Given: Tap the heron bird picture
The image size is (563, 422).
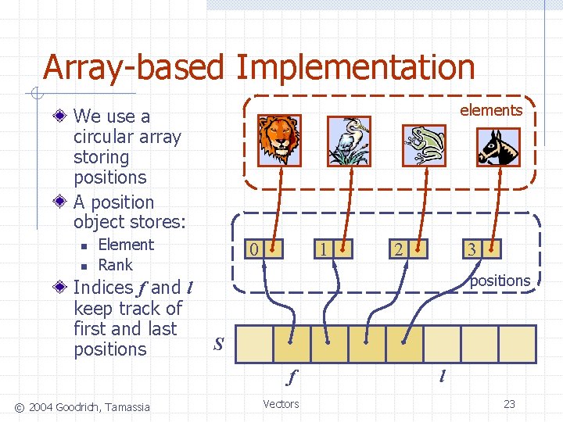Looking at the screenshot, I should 347,141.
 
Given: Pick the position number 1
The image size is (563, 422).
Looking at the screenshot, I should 322,250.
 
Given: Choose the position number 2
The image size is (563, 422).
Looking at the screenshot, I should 399,250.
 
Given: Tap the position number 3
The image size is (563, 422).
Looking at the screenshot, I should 472,250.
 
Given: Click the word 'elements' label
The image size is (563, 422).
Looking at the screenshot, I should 491,110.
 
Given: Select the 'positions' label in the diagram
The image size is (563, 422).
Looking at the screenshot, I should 500,281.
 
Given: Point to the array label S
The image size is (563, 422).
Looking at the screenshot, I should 219,343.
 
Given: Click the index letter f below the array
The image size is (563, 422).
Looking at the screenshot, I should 292,377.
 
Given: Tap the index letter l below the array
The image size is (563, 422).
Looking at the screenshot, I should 442,377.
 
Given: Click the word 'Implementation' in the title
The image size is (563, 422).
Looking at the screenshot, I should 355,68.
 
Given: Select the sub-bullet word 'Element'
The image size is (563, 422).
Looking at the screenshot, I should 126,245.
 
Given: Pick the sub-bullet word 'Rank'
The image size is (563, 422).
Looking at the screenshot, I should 116,265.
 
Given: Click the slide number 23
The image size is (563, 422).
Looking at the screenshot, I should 509,404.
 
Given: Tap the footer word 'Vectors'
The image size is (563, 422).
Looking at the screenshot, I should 281,404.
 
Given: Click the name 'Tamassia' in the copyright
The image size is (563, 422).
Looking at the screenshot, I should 123,406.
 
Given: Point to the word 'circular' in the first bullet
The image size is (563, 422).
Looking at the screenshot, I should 127,137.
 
